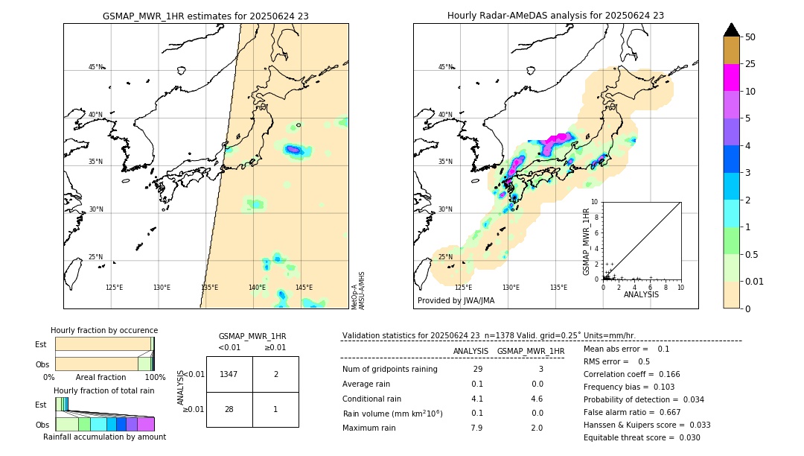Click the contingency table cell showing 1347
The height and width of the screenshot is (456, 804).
pyautogui.click(x=229, y=374)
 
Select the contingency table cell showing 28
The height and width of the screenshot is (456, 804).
pyautogui.click(x=229, y=409)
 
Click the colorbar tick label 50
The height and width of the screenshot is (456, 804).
pyautogui.click(x=750, y=37)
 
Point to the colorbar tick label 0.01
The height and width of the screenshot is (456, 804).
pyautogui.click(x=755, y=281)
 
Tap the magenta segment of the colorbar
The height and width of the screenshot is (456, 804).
pyautogui.click(x=731, y=77)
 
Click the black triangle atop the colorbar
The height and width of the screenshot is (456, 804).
pyautogui.click(x=731, y=30)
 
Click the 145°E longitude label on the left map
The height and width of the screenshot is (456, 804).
pyautogui.click(x=304, y=288)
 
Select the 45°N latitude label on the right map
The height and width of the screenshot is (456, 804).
pyautogui.click(x=445, y=67)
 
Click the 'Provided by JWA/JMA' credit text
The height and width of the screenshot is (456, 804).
pyautogui.click(x=456, y=301)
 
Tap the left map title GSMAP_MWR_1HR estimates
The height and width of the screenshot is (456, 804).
pyautogui.click(x=205, y=16)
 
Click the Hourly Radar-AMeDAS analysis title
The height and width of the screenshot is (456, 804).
pyautogui.click(x=555, y=16)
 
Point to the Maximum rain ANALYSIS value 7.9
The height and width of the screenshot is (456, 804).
pyautogui.click(x=476, y=428)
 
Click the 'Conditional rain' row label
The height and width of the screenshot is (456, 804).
pyautogui.click(x=371, y=399)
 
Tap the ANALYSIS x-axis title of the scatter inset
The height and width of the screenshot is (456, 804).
pyautogui.click(x=641, y=294)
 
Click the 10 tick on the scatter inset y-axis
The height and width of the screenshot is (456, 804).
pyautogui.click(x=594, y=202)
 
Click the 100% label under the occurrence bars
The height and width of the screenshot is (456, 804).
pyautogui.click(x=155, y=378)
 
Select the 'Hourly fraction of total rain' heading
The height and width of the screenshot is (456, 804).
pyautogui.click(x=103, y=391)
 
